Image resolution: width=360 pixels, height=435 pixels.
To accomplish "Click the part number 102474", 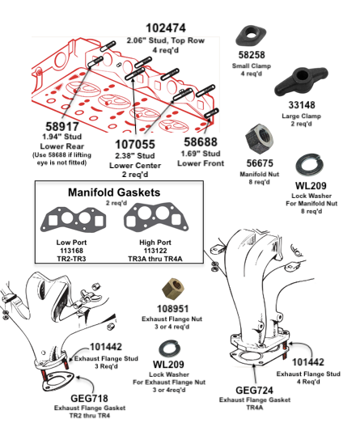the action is click(x=166, y=28).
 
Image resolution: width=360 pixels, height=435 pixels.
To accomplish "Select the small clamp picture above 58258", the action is click(x=251, y=36).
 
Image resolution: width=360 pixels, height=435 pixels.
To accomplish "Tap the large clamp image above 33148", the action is click(x=301, y=81).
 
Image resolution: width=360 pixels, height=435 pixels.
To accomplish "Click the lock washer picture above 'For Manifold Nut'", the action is click(x=308, y=165).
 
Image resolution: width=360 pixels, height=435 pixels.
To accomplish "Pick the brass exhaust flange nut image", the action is click(x=173, y=289).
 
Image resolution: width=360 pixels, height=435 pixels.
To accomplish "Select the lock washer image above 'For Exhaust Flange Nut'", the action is click(x=170, y=348).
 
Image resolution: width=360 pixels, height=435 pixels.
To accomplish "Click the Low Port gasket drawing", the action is click(x=74, y=220).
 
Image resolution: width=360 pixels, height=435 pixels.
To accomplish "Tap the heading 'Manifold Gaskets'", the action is click(x=114, y=192).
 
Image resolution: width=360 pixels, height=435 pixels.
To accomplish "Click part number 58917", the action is click(x=62, y=126).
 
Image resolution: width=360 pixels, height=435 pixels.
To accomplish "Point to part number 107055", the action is click(x=135, y=145).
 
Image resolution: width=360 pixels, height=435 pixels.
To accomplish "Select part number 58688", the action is click(x=201, y=142).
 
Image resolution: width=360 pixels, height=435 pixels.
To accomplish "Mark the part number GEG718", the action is click(x=89, y=399).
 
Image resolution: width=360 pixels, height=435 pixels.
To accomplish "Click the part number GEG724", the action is click(x=254, y=391).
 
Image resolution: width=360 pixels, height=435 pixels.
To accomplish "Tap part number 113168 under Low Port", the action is click(x=72, y=251).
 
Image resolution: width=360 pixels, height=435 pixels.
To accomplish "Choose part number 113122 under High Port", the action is click(x=155, y=251).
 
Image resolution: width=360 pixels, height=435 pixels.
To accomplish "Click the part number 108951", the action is click(x=172, y=309).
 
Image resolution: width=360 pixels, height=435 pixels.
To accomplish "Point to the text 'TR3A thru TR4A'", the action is click(x=155, y=259).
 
